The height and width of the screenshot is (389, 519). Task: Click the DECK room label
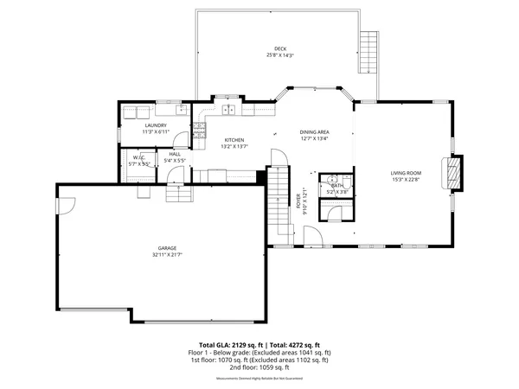point(279,48)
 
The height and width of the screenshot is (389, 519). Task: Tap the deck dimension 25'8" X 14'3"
point(279,55)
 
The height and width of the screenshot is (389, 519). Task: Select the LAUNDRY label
point(156,125)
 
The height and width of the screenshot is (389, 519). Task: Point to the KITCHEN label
point(234,140)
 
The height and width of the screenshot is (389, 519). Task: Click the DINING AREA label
point(315,131)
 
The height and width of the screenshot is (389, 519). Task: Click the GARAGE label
point(168,248)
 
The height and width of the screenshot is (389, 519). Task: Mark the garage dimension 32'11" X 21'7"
point(168,255)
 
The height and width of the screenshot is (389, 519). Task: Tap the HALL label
point(175,154)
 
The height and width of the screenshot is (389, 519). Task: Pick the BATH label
point(336,184)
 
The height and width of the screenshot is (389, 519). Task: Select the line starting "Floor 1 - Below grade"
point(259,353)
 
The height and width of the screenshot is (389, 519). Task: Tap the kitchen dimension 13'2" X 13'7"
point(234,147)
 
